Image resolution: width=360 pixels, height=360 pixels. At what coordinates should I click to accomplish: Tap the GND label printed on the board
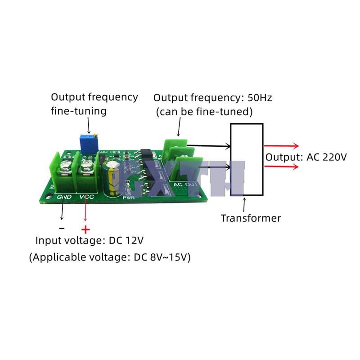pyautogui.click(x=64, y=197)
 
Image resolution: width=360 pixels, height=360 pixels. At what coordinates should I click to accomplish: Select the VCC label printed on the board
pyautogui.click(x=87, y=197)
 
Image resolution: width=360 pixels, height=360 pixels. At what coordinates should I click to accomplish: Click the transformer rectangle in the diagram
pyautogui.click(x=247, y=159)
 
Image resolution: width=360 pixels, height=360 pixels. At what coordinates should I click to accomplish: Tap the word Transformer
pyautogui.click(x=251, y=218)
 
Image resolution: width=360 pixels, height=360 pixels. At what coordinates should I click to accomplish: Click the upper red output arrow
pyautogui.click(x=282, y=146)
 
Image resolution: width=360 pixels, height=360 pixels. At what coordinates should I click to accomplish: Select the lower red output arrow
pyautogui.click(x=282, y=166)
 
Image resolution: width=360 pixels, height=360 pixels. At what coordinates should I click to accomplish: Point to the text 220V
pyautogui.click(x=333, y=157)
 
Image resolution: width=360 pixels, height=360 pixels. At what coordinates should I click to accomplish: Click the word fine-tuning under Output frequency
pyautogui.click(x=79, y=111)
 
